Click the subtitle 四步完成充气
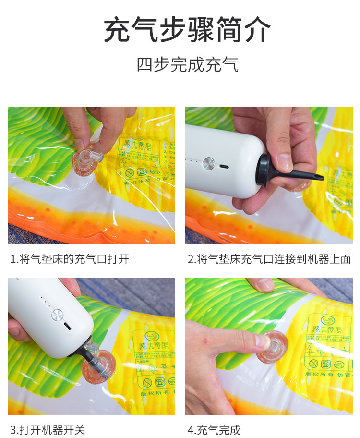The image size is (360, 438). pos(187,64)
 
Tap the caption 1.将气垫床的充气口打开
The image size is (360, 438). pos(70,259)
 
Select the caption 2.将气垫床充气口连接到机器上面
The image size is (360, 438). pos(269,259)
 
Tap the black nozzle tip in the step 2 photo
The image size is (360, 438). pos(314,177)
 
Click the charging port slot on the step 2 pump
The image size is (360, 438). pos(224,167)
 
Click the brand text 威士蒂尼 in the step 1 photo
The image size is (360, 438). pos(132,143)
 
